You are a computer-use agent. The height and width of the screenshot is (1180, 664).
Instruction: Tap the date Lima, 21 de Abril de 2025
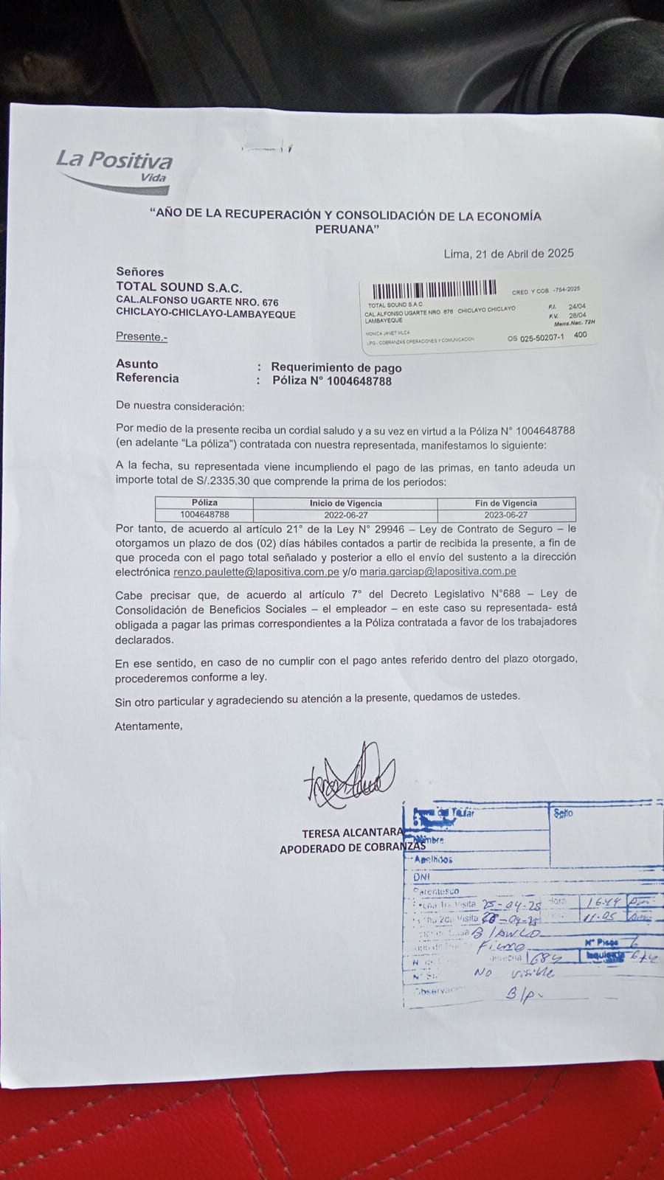(508, 254)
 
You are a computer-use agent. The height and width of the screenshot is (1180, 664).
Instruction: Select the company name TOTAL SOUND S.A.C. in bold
(179, 287)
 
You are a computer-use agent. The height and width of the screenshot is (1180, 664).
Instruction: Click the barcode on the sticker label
(435, 289)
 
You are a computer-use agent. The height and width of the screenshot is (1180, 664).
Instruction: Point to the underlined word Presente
(142, 336)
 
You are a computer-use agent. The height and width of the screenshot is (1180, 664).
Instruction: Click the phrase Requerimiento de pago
(336, 367)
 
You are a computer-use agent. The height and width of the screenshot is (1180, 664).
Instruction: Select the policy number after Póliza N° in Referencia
(350, 381)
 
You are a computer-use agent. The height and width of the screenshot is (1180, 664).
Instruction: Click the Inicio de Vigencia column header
(345, 503)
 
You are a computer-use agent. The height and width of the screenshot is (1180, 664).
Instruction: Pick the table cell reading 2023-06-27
(506, 515)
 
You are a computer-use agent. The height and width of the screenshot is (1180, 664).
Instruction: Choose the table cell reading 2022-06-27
(345, 515)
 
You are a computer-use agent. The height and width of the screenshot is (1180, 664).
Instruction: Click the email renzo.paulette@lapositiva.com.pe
(256, 572)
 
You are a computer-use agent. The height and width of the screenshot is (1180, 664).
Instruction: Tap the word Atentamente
(148, 726)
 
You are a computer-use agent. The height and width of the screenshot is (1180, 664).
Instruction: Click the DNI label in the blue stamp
(421, 877)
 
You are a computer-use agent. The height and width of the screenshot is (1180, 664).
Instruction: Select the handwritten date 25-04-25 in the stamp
(511, 905)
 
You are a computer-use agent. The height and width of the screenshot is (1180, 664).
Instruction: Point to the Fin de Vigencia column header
(505, 503)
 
